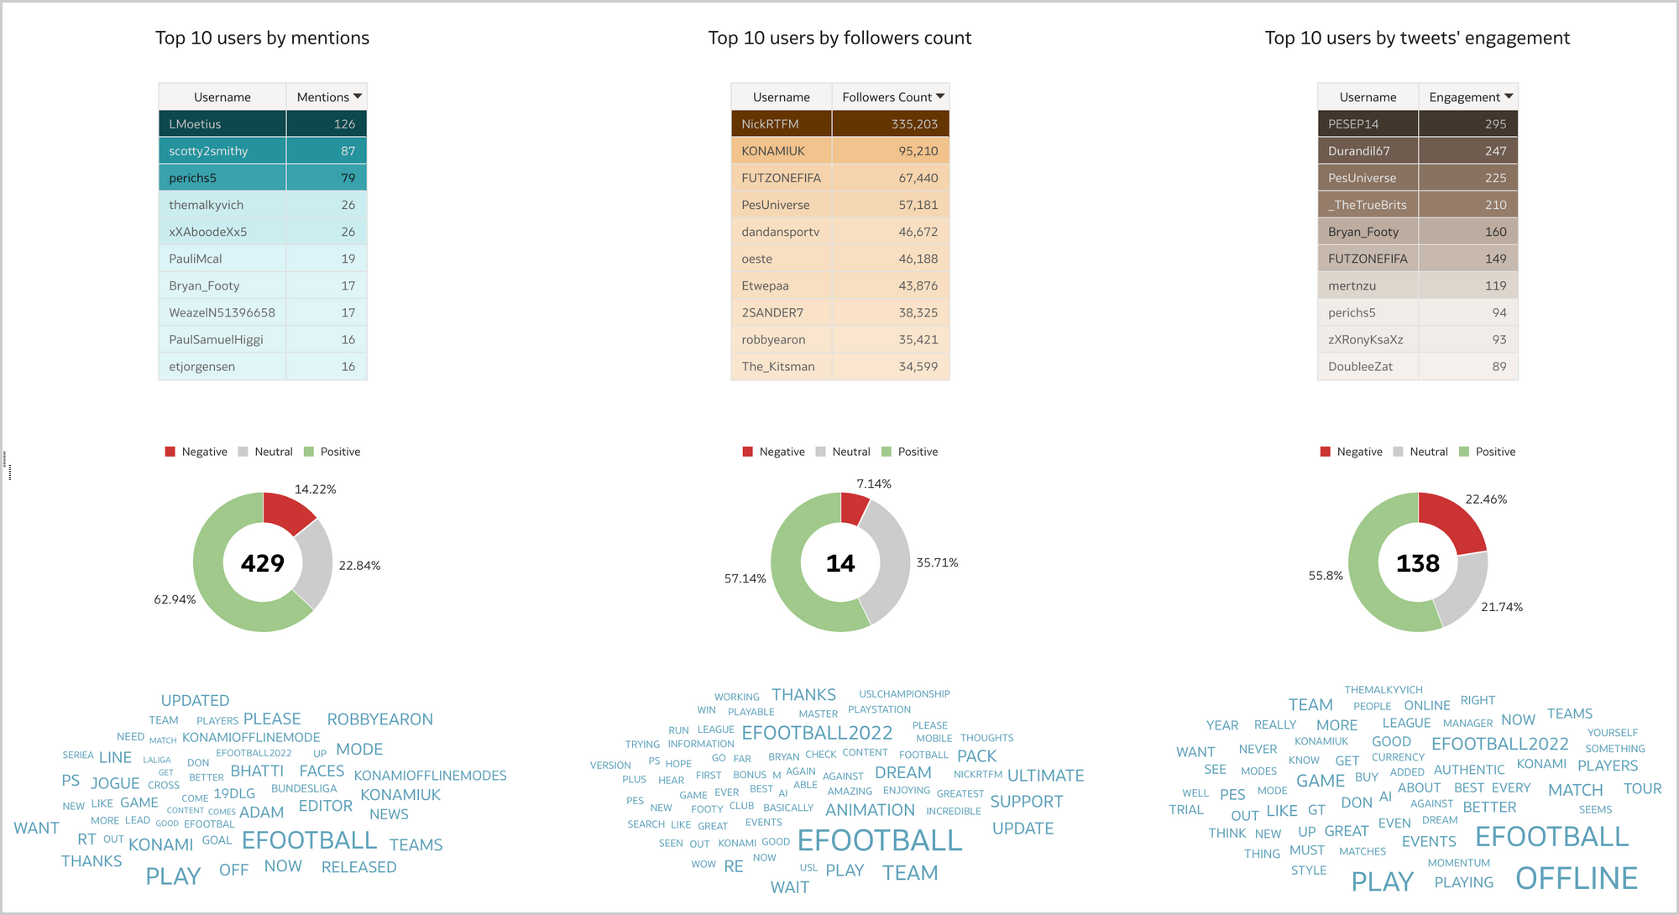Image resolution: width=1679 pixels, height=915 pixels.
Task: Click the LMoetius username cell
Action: tap(195, 124)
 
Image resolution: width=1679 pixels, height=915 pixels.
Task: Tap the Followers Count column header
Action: tap(887, 97)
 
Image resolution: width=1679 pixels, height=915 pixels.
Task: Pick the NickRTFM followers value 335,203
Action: tap(914, 124)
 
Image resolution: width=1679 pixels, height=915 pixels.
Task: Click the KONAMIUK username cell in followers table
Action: tap(772, 151)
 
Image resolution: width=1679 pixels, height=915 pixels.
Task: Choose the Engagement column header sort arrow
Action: tap(1509, 97)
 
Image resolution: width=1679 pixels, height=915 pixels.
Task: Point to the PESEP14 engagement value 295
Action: tap(1495, 124)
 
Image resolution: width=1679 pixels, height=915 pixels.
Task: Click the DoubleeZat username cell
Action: tap(1360, 367)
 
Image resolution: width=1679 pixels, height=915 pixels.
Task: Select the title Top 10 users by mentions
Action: tap(262, 38)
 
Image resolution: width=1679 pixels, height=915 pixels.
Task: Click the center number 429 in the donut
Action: tap(263, 562)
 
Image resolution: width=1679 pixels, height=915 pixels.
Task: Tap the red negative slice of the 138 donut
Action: tap(1454, 520)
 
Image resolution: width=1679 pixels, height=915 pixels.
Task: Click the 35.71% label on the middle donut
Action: tap(937, 562)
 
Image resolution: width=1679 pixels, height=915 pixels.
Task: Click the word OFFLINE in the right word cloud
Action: tap(1576, 878)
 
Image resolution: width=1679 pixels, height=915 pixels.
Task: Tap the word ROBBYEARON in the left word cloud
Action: tap(379, 719)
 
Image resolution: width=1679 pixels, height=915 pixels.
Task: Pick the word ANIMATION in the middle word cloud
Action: tap(870, 810)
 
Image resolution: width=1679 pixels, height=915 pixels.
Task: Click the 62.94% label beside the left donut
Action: tap(175, 599)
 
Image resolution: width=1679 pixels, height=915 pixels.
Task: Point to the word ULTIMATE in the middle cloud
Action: tap(1045, 776)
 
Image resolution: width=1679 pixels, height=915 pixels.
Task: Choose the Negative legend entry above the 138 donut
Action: tap(1352, 452)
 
